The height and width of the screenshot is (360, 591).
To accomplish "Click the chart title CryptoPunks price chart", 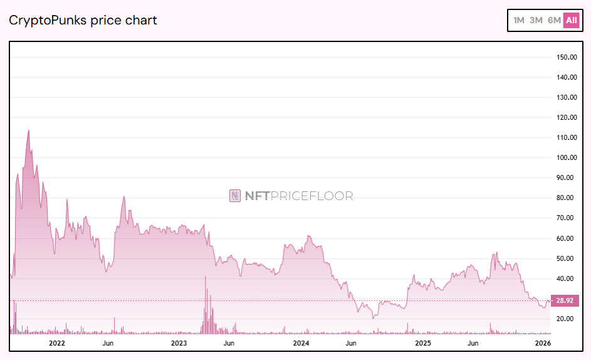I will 83,20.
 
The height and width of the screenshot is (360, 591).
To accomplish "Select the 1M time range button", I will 519,20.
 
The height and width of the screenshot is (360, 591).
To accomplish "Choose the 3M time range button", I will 536,20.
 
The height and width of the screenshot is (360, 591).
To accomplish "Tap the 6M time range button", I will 554,20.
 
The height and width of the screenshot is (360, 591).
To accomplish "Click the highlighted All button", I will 571,20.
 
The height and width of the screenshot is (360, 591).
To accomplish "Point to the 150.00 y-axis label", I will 566,57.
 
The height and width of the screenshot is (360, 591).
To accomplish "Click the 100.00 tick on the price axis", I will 566,157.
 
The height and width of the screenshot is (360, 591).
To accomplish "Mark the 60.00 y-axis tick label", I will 566,238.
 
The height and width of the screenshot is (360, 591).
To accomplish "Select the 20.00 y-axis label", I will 566,319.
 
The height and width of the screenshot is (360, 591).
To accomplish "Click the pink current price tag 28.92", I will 565,301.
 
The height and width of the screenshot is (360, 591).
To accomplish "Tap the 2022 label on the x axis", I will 57,343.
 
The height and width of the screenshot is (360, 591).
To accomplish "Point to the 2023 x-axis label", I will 179,343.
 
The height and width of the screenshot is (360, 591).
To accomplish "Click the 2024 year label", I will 301,343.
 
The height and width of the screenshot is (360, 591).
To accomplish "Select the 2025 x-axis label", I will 423,343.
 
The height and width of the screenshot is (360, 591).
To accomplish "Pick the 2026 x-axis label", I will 543,343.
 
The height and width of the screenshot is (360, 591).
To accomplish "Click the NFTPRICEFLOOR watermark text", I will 299,196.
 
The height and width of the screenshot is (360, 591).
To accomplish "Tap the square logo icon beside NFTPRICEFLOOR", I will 235,196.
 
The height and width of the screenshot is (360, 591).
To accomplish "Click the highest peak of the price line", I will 28,130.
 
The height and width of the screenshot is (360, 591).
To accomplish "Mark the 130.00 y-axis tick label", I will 566,97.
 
